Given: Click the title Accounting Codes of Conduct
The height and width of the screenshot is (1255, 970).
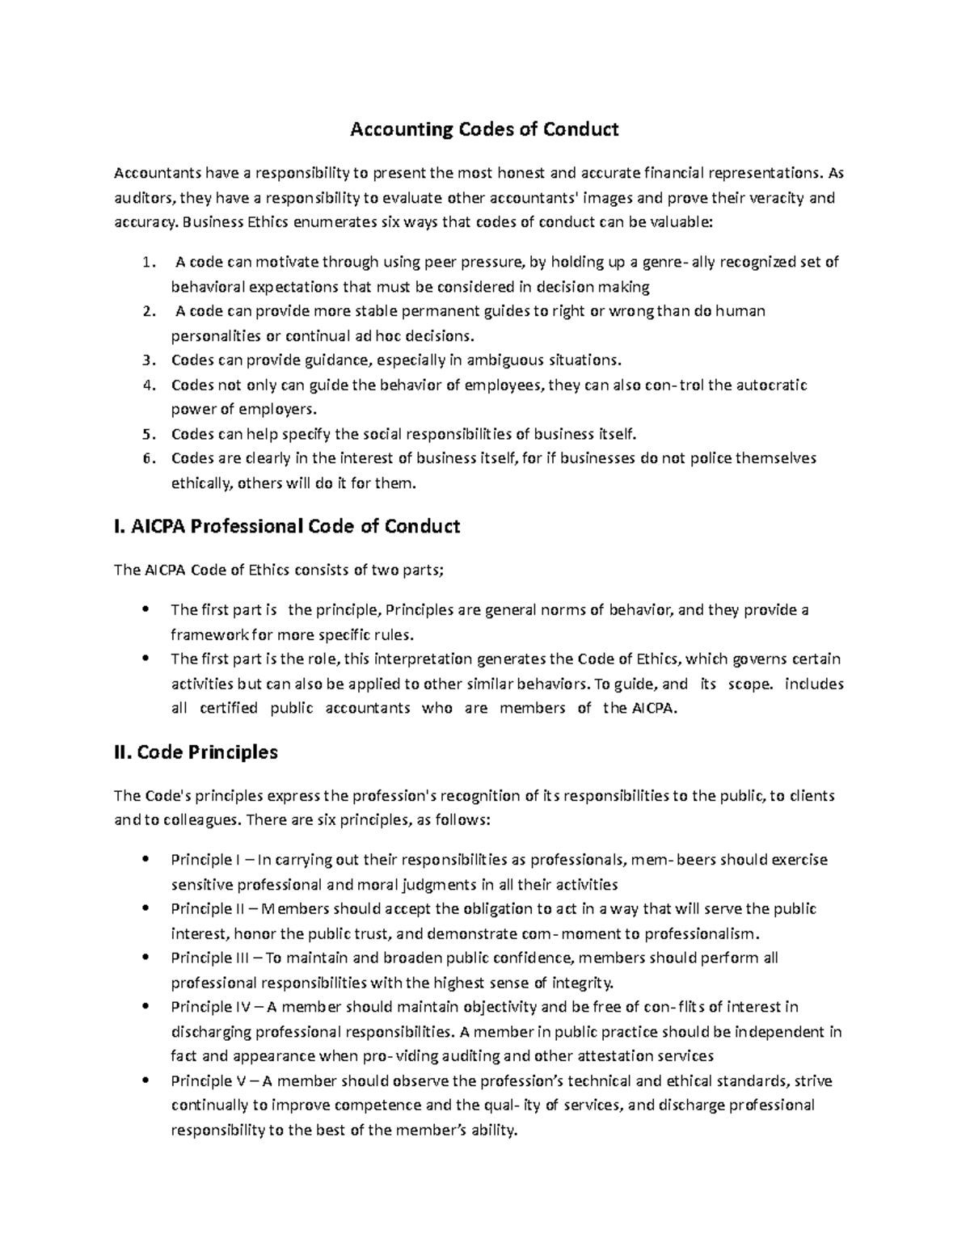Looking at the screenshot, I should [x=483, y=129].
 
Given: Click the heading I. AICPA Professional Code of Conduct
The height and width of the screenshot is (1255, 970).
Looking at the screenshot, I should [x=287, y=527].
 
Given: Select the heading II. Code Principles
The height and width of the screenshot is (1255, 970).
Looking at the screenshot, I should [x=196, y=752].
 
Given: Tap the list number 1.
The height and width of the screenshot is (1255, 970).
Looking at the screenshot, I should [x=145, y=262].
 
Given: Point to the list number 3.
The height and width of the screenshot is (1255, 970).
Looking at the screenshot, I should [x=146, y=360].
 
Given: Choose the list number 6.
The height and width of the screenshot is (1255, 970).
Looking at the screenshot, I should [x=146, y=459].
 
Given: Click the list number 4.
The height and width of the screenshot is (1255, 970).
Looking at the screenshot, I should [x=146, y=385].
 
